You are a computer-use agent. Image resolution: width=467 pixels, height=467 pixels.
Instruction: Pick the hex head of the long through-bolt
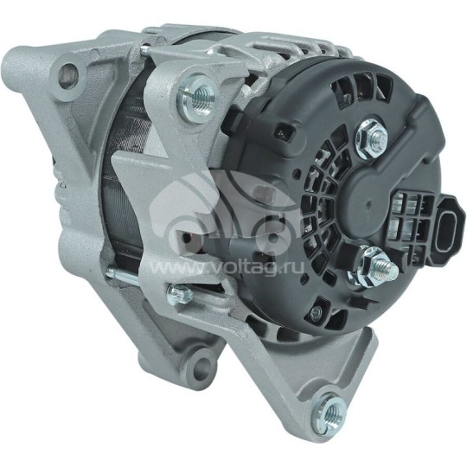click(180, 295)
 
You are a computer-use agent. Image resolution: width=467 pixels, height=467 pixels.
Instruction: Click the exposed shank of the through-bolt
click(130, 278)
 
